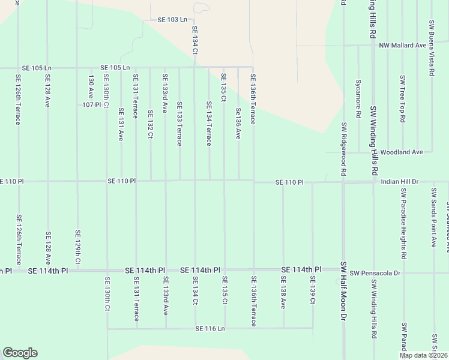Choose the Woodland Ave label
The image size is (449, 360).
[x=402, y=152]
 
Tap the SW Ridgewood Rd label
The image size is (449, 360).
[x=344, y=149]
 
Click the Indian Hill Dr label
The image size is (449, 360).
[x=399, y=181]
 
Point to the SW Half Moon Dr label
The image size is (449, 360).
[x=344, y=290]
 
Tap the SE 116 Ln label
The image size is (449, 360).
[x=209, y=329]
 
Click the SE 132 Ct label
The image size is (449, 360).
[x=150, y=124]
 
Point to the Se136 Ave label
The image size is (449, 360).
[x=238, y=124]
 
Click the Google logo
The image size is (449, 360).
[x=20, y=353]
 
